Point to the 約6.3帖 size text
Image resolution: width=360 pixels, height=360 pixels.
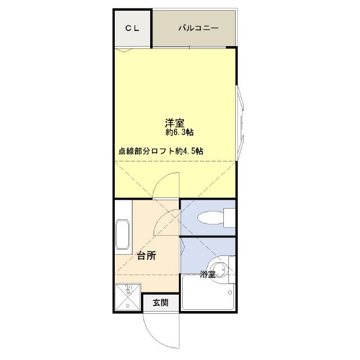pos(180,133)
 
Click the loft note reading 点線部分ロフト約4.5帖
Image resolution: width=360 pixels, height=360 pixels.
pos(161,151)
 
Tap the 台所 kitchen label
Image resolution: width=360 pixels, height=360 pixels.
pos(146,256)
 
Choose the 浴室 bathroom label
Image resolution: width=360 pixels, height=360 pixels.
pos(207,275)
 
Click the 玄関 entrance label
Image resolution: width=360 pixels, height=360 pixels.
pos(160,303)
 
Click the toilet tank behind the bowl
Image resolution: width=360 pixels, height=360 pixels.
pos(228,218)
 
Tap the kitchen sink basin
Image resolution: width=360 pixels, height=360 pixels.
pos(123,233)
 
